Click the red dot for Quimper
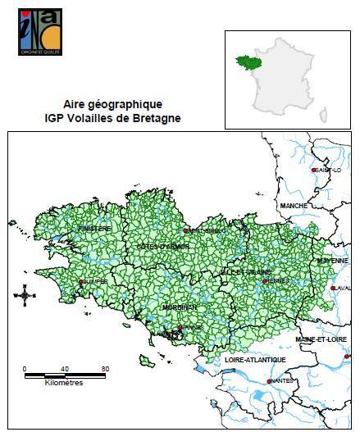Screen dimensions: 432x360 click(x=80, y=281)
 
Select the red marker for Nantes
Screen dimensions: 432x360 click(x=269, y=381)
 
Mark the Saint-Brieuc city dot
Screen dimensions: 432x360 click(x=186, y=231)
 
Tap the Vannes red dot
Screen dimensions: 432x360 click(x=180, y=327)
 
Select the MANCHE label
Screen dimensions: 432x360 click(x=293, y=205)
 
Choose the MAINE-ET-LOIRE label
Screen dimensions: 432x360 click(x=321, y=339)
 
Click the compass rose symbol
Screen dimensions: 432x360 click(x=25, y=293)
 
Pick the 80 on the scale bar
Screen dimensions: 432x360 click(x=105, y=369)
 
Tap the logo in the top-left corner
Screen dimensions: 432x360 click(x=39, y=32)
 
